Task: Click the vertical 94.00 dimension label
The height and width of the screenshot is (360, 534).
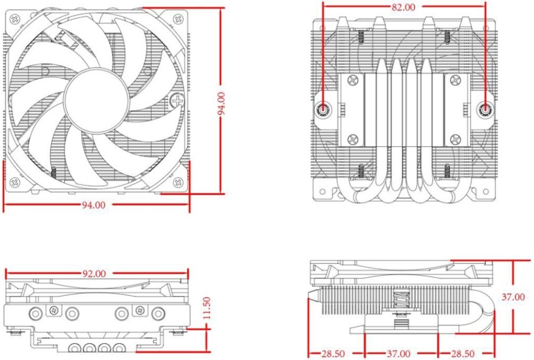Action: coord(222,104)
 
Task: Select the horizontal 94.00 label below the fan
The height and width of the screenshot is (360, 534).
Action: coord(94,205)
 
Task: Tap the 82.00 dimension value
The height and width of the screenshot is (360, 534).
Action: coord(403,7)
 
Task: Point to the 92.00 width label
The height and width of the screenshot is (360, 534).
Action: coord(94,273)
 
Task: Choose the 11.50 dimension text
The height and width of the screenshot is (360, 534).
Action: coord(207,308)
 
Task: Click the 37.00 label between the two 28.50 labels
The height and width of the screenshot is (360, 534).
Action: coord(399,354)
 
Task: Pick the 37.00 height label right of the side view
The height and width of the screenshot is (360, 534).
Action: coord(513,297)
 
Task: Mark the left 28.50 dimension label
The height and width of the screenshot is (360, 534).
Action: coord(333,354)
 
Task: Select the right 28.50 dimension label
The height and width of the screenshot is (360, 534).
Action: coord(463,354)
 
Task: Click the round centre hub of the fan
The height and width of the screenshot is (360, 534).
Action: coord(97,101)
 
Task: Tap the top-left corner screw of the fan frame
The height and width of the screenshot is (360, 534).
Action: coord(15,19)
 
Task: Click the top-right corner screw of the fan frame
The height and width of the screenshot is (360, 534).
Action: coord(178,19)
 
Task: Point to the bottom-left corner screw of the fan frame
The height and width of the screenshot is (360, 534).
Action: coord(15,182)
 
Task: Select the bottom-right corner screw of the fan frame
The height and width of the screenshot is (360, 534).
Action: coord(178,182)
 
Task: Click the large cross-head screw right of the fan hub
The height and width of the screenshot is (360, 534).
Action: coord(177,100)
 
